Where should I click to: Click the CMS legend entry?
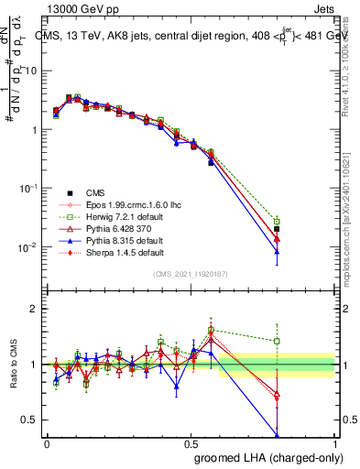coord(94,192)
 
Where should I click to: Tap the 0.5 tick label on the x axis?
coord(191,443)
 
